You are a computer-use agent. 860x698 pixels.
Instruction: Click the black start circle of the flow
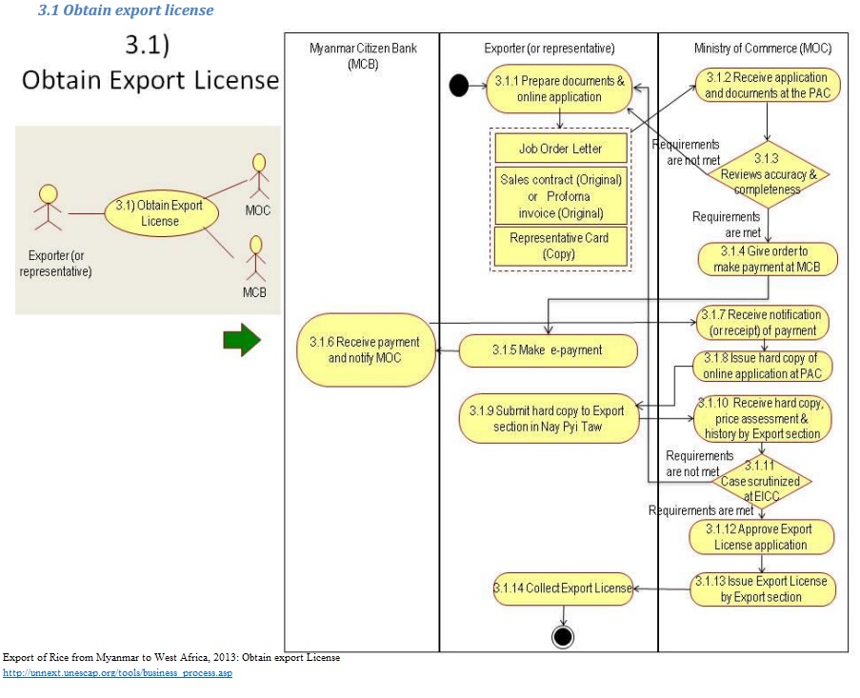coord(459,87)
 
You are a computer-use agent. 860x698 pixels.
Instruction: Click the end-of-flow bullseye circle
coord(562,635)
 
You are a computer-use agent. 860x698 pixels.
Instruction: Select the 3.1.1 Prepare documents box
coord(559,89)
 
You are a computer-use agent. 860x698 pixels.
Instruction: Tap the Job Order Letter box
coord(561,149)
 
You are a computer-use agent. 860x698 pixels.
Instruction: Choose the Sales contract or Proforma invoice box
coord(561,196)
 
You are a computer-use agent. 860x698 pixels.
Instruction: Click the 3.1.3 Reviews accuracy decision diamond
coord(768,173)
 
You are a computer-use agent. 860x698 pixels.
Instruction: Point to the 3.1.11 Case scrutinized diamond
coord(761,480)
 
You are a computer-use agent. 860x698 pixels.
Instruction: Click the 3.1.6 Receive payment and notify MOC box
coord(366,349)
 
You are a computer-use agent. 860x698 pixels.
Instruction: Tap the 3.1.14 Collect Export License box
coord(563,588)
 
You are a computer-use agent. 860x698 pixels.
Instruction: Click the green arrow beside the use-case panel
coord(242,340)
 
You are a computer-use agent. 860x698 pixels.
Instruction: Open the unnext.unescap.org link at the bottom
coord(117,673)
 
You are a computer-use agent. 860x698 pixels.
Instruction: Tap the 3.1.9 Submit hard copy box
coord(548,418)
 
